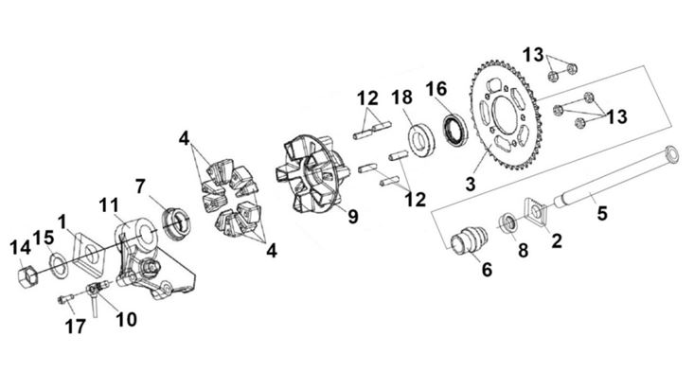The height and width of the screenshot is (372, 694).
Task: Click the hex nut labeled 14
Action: [x=28, y=277]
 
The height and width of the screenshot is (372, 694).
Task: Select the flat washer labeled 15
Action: [x=58, y=265]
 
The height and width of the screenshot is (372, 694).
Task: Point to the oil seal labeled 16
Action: [x=455, y=130]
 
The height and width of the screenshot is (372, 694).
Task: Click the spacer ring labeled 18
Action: [x=420, y=140]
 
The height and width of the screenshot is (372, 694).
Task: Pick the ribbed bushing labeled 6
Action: [x=470, y=239]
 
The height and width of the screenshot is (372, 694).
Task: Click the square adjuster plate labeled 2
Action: [x=537, y=211]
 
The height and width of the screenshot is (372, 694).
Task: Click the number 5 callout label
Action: [x=602, y=213]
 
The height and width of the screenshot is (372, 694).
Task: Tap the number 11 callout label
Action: [x=109, y=205]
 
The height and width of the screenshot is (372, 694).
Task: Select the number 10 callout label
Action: [x=126, y=319]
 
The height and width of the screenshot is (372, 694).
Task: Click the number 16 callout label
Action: [x=436, y=89]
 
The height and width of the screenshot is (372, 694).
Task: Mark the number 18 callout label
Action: [x=401, y=97]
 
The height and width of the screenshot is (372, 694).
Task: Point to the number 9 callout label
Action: [x=353, y=217]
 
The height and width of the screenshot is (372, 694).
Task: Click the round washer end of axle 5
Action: [x=671, y=153]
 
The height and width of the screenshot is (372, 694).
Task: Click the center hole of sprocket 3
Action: [x=505, y=116]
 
